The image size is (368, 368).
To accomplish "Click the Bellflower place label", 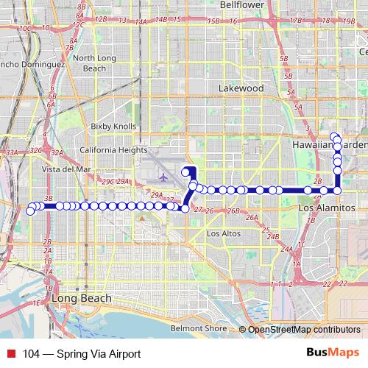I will coord(241,4).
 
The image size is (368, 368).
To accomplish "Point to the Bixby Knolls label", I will coord(114,127).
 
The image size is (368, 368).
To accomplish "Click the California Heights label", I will coord(113,149).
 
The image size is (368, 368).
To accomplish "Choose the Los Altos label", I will coord(224,234).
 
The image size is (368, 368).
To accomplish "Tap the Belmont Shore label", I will coord(199,328).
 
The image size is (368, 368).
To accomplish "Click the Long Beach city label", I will coord(82,299).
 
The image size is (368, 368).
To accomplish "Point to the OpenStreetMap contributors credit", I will coord(303,329).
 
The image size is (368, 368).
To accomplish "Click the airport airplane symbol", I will coord(163,177).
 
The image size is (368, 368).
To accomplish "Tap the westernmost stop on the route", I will coord(30,211).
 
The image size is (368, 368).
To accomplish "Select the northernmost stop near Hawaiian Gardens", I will coord(334,135).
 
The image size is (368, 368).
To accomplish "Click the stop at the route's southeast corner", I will coord(338,191).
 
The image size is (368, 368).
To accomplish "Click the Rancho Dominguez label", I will coord(29,64).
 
